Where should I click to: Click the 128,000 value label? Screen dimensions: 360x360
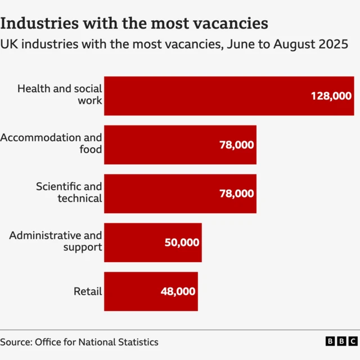click(331, 96)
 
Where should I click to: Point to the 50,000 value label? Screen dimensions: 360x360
click(182, 242)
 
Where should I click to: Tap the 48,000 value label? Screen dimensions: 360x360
click(178, 291)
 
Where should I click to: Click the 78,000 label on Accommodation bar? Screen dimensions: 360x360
click(236, 145)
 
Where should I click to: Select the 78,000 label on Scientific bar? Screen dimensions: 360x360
click(236, 193)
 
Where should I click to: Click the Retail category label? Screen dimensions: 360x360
click(88, 291)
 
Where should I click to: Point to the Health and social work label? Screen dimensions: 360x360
click(60, 94)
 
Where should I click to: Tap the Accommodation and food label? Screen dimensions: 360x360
click(51, 143)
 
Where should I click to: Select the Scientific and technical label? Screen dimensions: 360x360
click(69, 192)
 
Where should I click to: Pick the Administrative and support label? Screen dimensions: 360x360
click(56, 241)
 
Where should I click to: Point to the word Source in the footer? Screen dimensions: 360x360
click(15, 342)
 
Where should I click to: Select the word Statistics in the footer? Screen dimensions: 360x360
click(135, 342)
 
